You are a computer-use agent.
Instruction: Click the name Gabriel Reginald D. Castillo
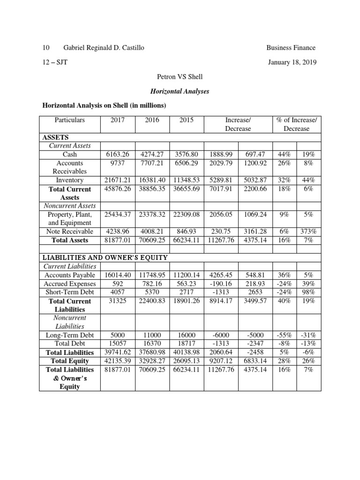point(100,47)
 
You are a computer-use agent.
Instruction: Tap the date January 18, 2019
point(292,62)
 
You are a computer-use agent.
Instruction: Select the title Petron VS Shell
point(180,76)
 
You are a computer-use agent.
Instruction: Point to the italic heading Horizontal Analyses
point(180,91)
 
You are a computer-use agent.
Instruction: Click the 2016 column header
point(151,120)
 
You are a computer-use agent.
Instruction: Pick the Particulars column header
point(70,120)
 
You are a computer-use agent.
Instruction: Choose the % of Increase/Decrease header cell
point(296,124)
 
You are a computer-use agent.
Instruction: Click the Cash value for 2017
point(118,154)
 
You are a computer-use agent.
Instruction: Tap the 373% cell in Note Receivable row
point(308,231)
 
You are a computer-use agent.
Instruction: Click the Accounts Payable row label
point(70,275)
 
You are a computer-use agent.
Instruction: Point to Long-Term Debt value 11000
point(151,335)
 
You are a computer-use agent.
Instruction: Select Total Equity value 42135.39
point(118,361)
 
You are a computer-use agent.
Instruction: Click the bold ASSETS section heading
point(56,137)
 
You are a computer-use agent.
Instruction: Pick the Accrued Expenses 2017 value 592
point(118,284)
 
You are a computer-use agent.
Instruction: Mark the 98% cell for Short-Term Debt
point(308,292)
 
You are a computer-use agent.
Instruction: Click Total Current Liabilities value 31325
point(118,301)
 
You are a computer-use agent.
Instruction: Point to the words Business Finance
point(291,47)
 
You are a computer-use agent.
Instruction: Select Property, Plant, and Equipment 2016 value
point(151,214)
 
